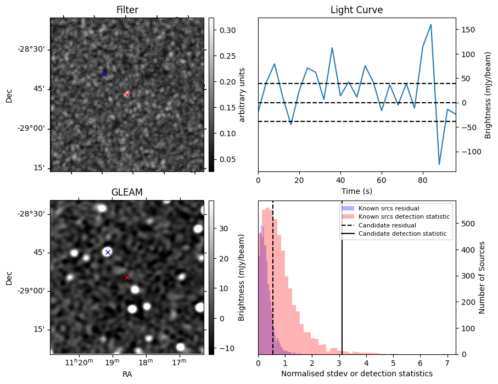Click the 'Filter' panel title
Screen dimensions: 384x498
tap(127, 10)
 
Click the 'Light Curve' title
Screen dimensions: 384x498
tap(356, 10)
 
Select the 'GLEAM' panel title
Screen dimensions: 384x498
tap(127, 192)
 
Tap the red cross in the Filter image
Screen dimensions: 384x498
tap(127, 94)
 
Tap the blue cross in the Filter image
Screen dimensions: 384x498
tap(104, 74)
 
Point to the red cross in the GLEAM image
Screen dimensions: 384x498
tap(127, 278)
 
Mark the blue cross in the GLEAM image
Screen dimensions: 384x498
tap(108, 252)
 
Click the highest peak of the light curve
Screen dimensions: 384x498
tap(431, 24)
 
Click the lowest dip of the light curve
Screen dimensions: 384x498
tap(439, 164)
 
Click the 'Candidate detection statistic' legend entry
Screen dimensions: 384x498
tap(402, 235)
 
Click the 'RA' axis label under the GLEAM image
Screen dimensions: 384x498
tap(127, 374)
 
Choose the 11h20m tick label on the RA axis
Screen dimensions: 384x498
tap(80, 363)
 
